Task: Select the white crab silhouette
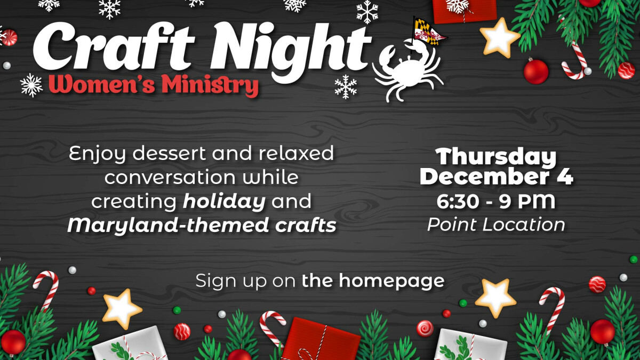[x=408, y=72]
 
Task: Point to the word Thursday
[x=496, y=157]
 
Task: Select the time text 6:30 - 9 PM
[x=496, y=202]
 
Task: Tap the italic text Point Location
[x=496, y=225]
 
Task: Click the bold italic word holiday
[x=224, y=202]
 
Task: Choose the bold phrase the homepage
[x=373, y=280]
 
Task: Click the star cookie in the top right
[x=499, y=37]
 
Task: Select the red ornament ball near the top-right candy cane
[x=536, y=71]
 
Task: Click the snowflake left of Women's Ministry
[x=31, y=85]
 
